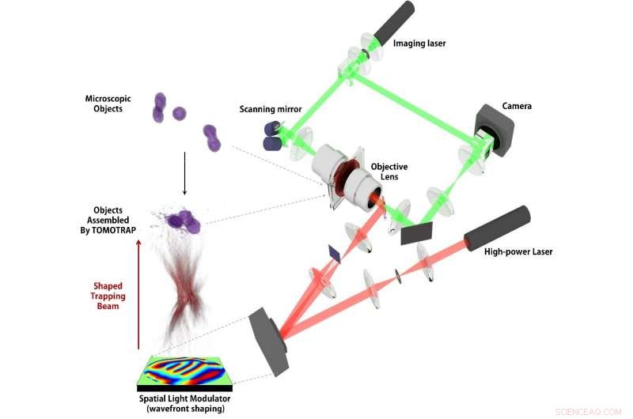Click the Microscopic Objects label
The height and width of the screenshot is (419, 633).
click(x=108, y=104)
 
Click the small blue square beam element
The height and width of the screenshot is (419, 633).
click(x=333, y=252)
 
